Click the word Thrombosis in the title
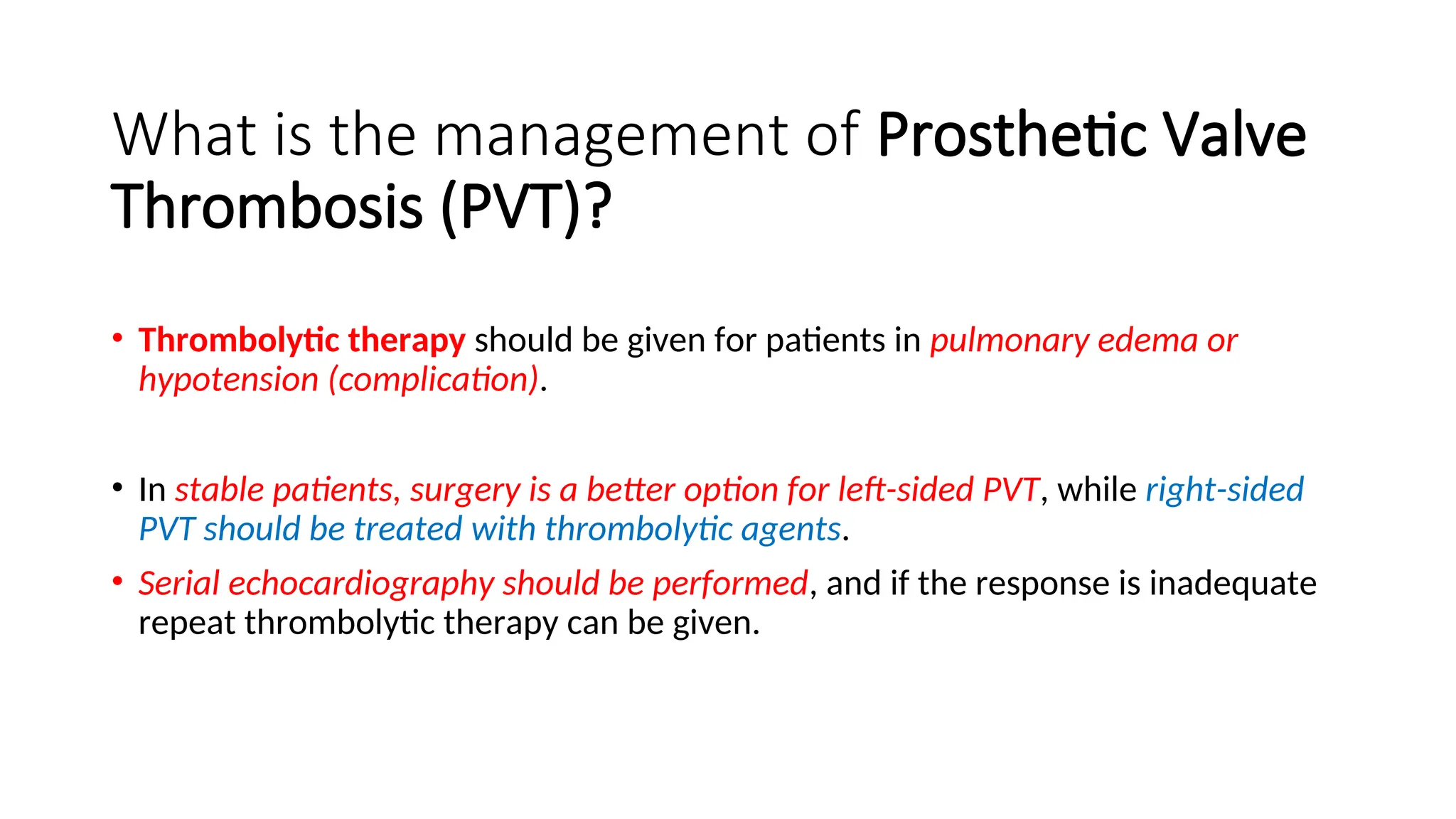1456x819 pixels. click(x=267, y=206)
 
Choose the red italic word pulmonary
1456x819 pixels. click(x=1010, y=341)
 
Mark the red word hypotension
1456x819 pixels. click(x=228, y=380)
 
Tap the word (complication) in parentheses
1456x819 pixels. click(x=433, y=380)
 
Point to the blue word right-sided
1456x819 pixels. click(x=1224, y=489)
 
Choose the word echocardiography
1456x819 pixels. click(x=361, y=584)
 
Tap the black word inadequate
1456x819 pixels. click(x=1233, y=583)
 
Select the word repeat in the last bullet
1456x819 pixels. click(x=187, y=623)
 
